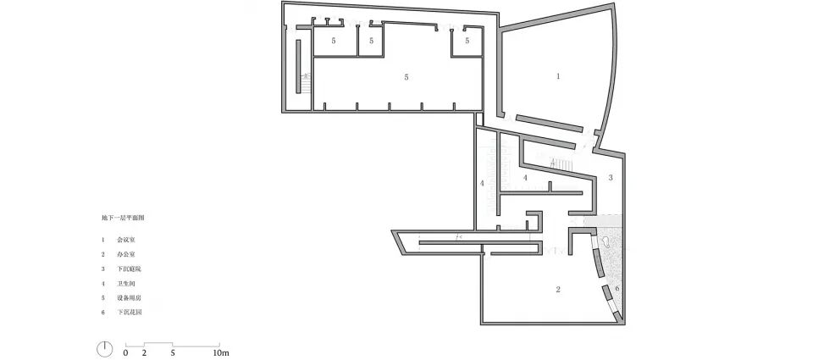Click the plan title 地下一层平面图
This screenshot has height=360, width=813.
124,219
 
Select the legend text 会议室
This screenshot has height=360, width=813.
124,241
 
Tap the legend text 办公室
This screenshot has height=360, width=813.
124,254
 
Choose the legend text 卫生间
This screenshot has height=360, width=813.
124,284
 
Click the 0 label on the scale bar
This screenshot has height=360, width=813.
125,352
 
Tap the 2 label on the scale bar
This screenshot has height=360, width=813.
145,352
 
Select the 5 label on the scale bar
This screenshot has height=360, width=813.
173,352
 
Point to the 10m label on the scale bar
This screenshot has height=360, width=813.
220,352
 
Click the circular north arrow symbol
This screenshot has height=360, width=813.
104,348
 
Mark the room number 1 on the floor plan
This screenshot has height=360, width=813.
558,76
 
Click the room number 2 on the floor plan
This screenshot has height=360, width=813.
558,290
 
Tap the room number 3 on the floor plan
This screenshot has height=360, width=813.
610,178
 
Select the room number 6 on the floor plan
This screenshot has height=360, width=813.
617,289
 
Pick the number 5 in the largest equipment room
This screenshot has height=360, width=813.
406,77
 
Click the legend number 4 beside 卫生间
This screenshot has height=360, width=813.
102,284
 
